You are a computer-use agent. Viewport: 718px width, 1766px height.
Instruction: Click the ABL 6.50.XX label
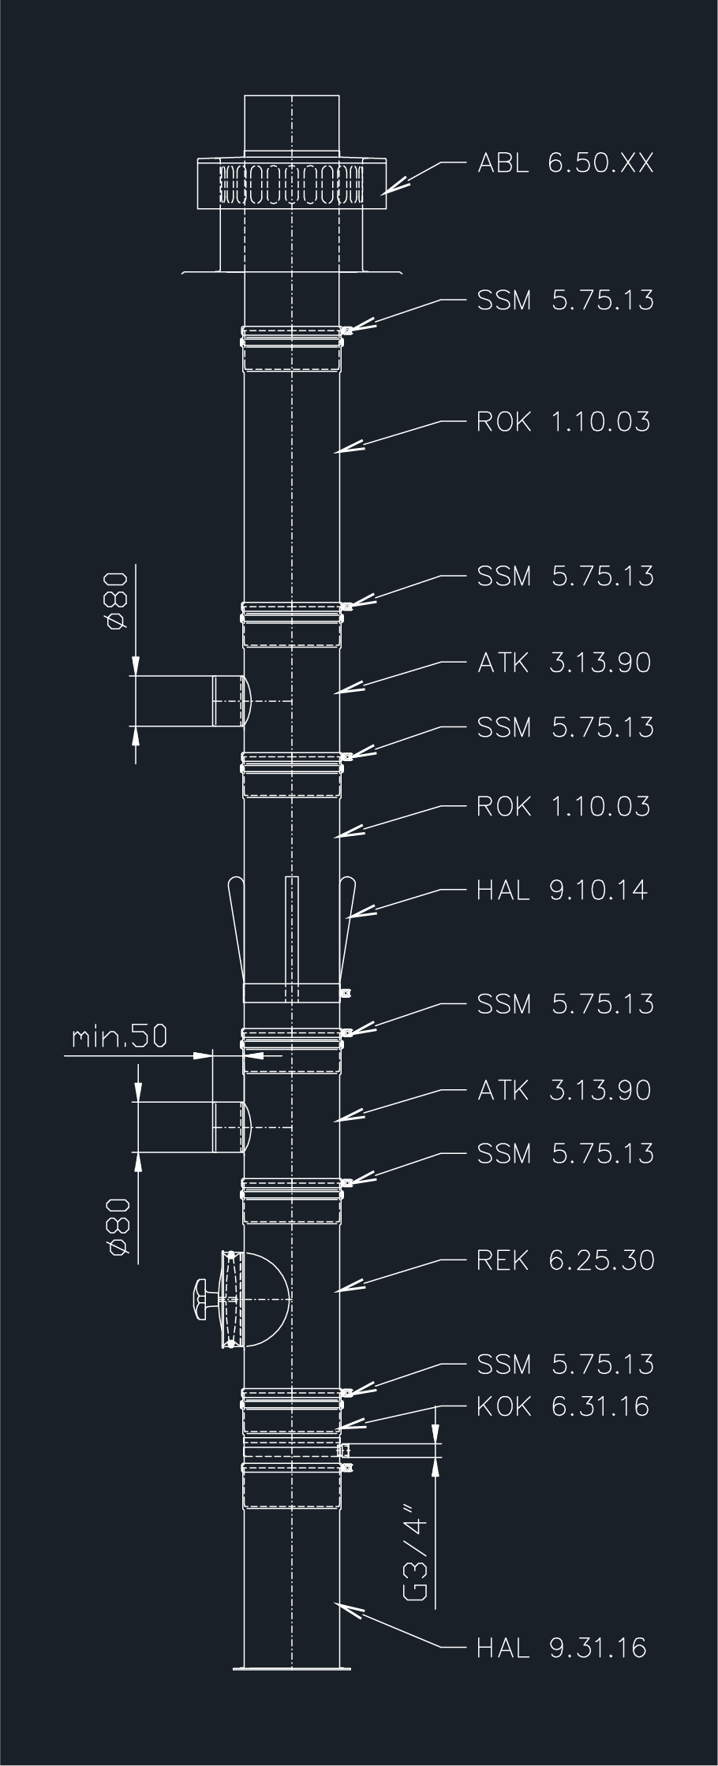[x=566, y=163]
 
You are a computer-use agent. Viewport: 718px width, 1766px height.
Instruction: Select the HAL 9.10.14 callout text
[x=562, y=890]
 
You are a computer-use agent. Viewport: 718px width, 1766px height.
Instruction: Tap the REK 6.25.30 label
[x=566, y=1260]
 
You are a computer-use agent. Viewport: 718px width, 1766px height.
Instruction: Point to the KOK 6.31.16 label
[x=563, y=1406]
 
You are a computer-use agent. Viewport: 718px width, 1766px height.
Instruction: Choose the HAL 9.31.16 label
[x=562, y=1647]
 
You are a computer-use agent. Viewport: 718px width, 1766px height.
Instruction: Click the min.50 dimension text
[x=119, y=1036]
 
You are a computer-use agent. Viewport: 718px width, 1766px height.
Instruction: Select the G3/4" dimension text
[x=416, y=1558]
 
